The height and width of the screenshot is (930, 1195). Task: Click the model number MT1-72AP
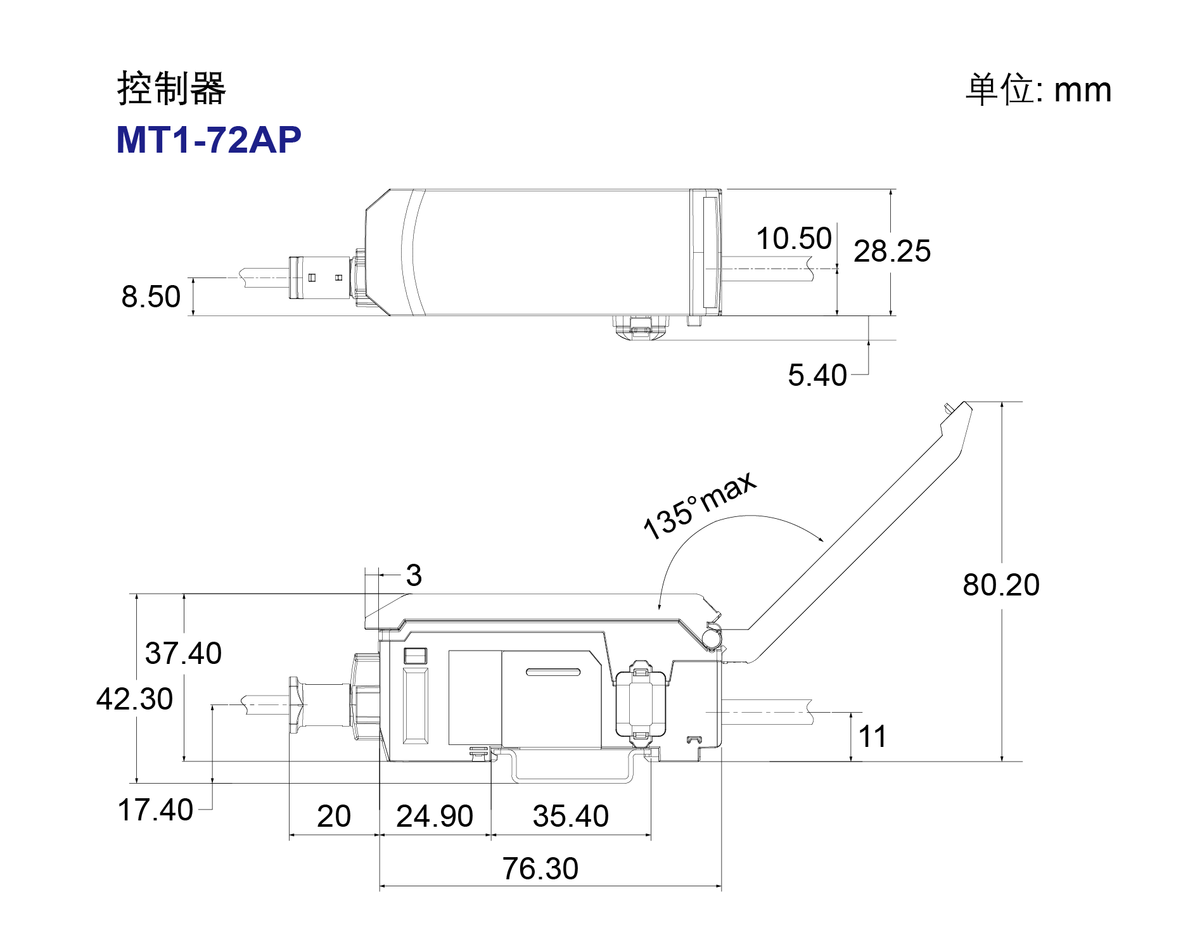[208, 139]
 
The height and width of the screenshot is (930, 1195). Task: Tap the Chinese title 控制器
[171, 88]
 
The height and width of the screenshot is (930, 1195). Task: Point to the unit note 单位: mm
[1038, 89]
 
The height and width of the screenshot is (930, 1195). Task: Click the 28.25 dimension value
[892, 251]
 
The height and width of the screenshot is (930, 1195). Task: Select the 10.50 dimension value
[794, 239]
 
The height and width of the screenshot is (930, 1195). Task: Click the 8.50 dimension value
[151, 296]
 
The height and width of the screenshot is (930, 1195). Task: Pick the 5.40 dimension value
[817, 375]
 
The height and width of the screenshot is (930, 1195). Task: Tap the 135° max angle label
[699, 506]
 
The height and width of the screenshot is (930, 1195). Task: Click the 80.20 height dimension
[1001, 585]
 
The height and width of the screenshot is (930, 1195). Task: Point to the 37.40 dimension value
[183, 653]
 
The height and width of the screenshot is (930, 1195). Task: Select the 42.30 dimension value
[134, 699]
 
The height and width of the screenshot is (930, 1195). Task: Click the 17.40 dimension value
[155, 810]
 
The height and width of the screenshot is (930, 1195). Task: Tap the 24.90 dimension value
[435, 816]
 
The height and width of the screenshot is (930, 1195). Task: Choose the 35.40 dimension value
[571, 816]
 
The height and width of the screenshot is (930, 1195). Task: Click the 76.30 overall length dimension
[540, 869]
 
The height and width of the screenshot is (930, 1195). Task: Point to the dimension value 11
[872, 737]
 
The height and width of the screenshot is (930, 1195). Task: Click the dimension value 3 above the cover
[414, 575]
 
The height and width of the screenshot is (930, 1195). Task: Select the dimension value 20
[334, 816]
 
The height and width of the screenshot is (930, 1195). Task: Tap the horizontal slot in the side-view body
[553, 672]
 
